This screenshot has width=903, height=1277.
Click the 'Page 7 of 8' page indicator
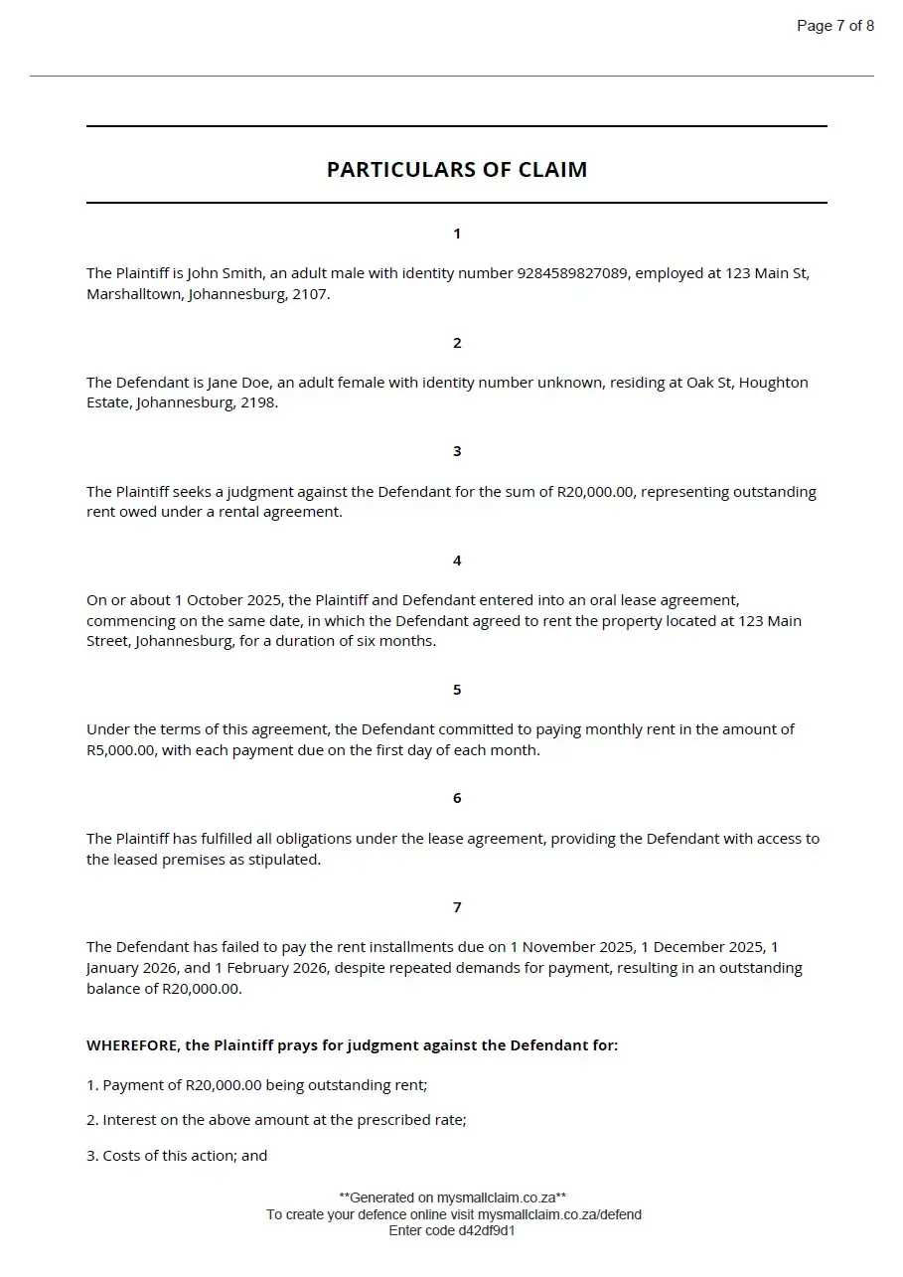coord(834,26)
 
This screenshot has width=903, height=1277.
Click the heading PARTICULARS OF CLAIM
coord(457,170)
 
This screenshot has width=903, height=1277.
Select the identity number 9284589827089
coord(573,273)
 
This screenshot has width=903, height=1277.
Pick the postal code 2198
coord(259,404)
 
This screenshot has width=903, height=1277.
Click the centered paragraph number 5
coord(457,690)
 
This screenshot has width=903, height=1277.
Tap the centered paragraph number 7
coord(457,907)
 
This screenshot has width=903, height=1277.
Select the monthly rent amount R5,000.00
coord(120,751)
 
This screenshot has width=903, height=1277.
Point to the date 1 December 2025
coord(704,947)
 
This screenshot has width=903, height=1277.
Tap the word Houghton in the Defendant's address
coord(774,383)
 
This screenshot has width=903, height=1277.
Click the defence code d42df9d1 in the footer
coord(486,1230)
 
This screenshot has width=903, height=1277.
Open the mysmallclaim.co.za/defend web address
coord(558,1214)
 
